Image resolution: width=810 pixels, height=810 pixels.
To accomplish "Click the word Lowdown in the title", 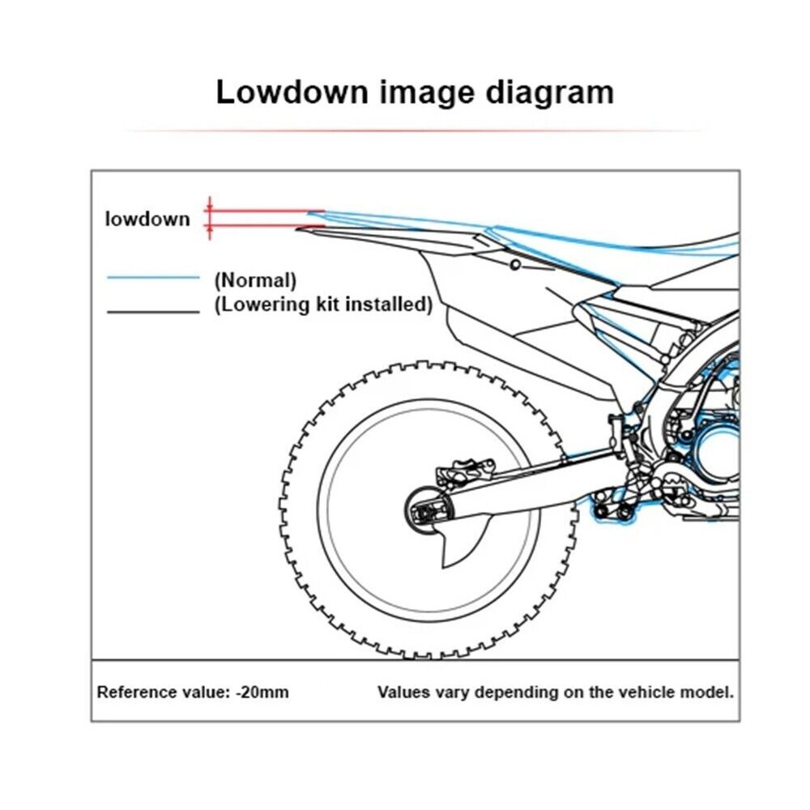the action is coord(292,92).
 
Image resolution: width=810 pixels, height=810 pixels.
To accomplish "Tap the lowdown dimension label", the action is coord(147,219).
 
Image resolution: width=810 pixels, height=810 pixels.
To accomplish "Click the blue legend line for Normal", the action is coord(153,277).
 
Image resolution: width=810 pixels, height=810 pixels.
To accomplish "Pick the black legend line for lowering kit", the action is coord(153,312).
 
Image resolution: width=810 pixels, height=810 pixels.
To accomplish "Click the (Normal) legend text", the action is coord(256,280).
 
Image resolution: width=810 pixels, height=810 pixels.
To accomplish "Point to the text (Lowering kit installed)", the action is coord(323,305).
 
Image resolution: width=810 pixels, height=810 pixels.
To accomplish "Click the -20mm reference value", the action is coord(262,692).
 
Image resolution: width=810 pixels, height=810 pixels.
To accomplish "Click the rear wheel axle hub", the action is coord(428,511).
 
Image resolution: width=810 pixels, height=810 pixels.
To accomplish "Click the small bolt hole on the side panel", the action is coord(515,265).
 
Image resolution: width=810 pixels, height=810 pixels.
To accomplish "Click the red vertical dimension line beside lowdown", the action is coord(209,218).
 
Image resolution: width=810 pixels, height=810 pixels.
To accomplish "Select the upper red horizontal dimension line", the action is coord(265,211).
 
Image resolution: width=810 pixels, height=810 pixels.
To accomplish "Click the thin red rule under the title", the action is coord(413,130).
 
